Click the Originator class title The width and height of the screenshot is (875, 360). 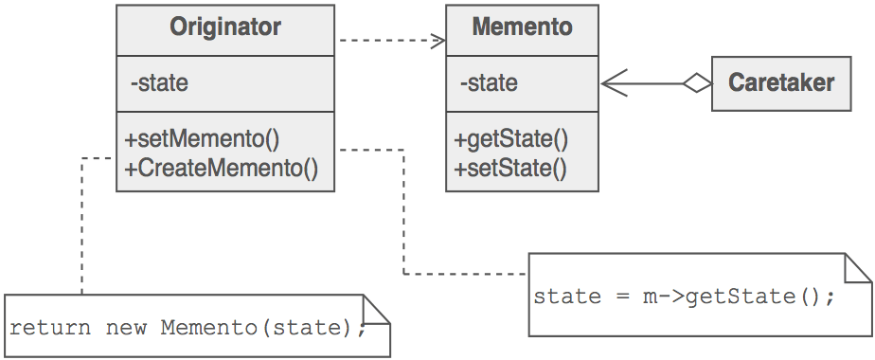pyautogui.click(x=225, y=27)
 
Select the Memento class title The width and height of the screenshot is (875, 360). pyautogui.click(x=522, y=27)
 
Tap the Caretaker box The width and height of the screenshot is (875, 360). pyautogui.click(x=781, y=82)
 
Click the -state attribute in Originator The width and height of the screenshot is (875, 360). pyautogui.click(x=159, y=83)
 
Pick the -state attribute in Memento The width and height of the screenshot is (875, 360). pyautogui.click(x=489, y=83)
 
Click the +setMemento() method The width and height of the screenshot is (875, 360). pyautogui.click(x=203, y=138)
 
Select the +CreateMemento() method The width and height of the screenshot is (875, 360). pyautogui.click(x=221, y=169)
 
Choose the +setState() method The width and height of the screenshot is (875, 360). pyautogui.click(x=509, y=169)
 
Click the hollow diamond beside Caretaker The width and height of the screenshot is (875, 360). pyautogui.click(x=698, y=83)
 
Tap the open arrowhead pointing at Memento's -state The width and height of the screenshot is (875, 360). pyautogui.click(x=614, y=83)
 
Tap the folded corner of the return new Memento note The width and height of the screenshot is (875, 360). pyautogui.click(x=377, y=311)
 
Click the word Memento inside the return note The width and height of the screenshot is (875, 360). pyautogui.click(x=209, y=328)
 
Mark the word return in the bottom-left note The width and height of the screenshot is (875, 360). pyautogui.click(x=49, y=328)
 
